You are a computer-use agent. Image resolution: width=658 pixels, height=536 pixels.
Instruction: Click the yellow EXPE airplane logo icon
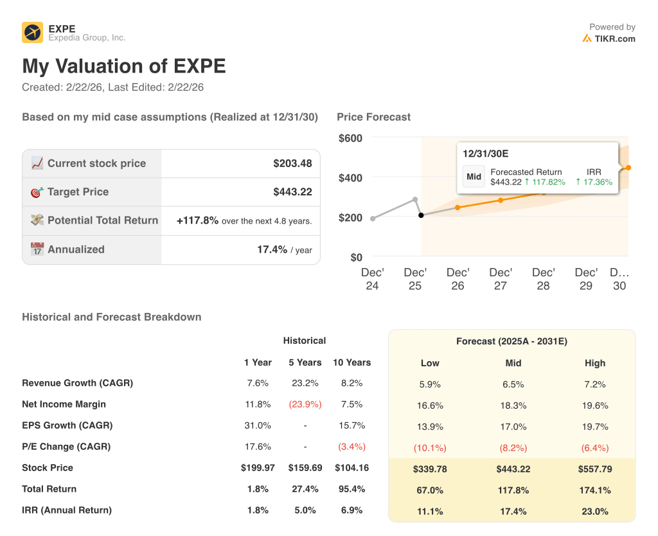(x=32, y=32)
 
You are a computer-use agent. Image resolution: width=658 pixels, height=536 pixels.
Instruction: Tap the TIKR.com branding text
(x=614, y=39)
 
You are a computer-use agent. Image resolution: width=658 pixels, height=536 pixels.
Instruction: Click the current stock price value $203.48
(x=292, y=163)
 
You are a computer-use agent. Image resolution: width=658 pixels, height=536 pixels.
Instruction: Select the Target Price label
(x=78, y=192)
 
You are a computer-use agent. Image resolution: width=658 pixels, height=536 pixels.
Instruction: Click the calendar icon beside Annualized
(x=37, y=249)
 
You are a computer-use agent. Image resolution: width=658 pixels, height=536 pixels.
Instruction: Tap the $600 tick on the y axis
(x=350, y=138)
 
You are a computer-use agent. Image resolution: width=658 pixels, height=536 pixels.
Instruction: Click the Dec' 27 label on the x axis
(x=501, y=279)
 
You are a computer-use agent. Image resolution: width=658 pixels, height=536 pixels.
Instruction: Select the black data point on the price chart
(x=422, y=215)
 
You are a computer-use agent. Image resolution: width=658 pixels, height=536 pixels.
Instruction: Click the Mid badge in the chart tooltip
(x=474, y=177)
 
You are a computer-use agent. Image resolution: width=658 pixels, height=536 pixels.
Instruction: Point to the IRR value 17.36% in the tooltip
(x=594, y=182)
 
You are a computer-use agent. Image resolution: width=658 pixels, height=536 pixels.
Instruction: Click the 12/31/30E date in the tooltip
(x=486, y=154)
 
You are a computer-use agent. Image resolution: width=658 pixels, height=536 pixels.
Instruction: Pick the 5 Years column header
(x=305, y=362)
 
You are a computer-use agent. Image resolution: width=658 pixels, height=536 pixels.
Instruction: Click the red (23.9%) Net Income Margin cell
(x=305, y=404)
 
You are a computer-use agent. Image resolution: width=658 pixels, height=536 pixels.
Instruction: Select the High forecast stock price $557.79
(x=595, y=469)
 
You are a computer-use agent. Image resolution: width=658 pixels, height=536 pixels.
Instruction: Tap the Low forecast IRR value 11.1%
(x=430, y=512)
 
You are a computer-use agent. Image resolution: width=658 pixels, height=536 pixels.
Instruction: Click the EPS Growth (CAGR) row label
(x=67, y=425)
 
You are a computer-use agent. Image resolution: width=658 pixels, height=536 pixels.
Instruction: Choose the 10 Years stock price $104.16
(x=351, y=468)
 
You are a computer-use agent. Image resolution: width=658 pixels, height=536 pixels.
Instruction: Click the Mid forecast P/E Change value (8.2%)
(x=513, y=448)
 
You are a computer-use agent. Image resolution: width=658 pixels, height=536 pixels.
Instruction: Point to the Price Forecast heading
(x=373, y=117)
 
